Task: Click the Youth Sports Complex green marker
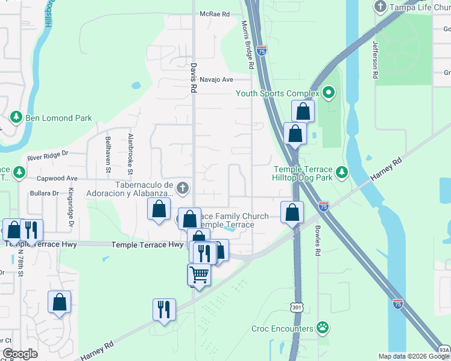pos(328,93)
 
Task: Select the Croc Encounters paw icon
pos(323,329)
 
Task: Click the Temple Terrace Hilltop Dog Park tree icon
pos(342,173)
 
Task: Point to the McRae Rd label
pos(215,14)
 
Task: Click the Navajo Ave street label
pos(216,79)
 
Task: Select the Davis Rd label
pos(194,79)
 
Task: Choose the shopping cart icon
pos(199,274)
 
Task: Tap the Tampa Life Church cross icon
pos(380,7)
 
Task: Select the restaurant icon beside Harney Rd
pos(164,309)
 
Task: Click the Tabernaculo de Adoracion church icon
pos(183,188)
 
